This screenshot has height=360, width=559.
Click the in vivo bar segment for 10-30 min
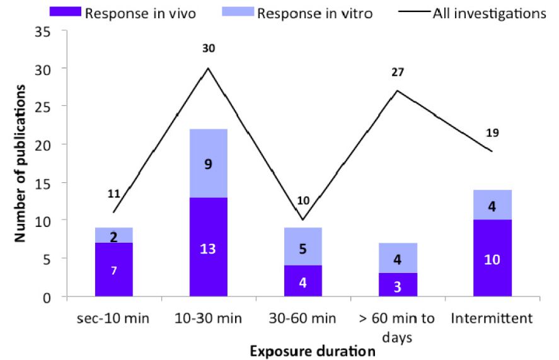[208, 247]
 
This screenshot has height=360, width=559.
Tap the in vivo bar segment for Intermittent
[492, 258]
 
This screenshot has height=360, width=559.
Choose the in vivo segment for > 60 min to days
[398, 284]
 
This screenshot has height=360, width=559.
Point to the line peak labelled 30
[208, 68]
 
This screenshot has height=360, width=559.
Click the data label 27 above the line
[398, 73]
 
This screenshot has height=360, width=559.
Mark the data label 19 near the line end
[492, 133]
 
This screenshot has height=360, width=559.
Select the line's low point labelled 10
[303, 220]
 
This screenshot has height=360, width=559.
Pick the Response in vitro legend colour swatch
[239, 12]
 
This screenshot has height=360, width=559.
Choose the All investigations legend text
[489, 13]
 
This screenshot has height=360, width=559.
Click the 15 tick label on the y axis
[43, 183]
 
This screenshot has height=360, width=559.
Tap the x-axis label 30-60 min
[303, 318]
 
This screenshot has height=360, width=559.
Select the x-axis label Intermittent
[492, 318]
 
